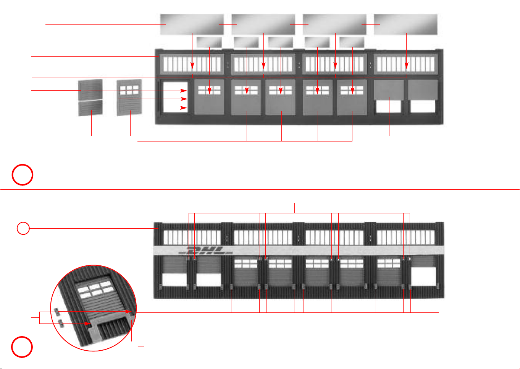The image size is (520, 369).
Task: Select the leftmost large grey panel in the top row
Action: [192, 24]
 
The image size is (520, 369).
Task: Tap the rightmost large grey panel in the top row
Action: [405, 24]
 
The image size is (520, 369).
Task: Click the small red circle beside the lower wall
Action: [23, 229]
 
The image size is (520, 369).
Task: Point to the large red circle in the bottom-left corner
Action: [22, 347]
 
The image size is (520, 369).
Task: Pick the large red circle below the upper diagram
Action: [22, 175]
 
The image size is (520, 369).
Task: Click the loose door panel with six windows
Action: [129, 97]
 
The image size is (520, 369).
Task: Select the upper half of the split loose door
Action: [90, 89]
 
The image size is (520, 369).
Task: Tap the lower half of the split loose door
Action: [90, 108]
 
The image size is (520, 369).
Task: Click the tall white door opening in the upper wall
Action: [175, 96]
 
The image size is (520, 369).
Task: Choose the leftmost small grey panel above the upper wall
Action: [209, 42]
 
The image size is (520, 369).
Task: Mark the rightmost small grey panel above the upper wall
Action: [352, 42]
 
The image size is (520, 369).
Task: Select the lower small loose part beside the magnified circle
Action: [60, 323]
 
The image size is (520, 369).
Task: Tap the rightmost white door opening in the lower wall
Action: [423, 276]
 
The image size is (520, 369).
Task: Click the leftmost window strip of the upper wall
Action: [192, 64]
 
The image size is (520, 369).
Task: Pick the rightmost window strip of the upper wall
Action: [405, 64]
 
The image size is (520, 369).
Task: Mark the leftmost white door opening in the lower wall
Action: [174, 280]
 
